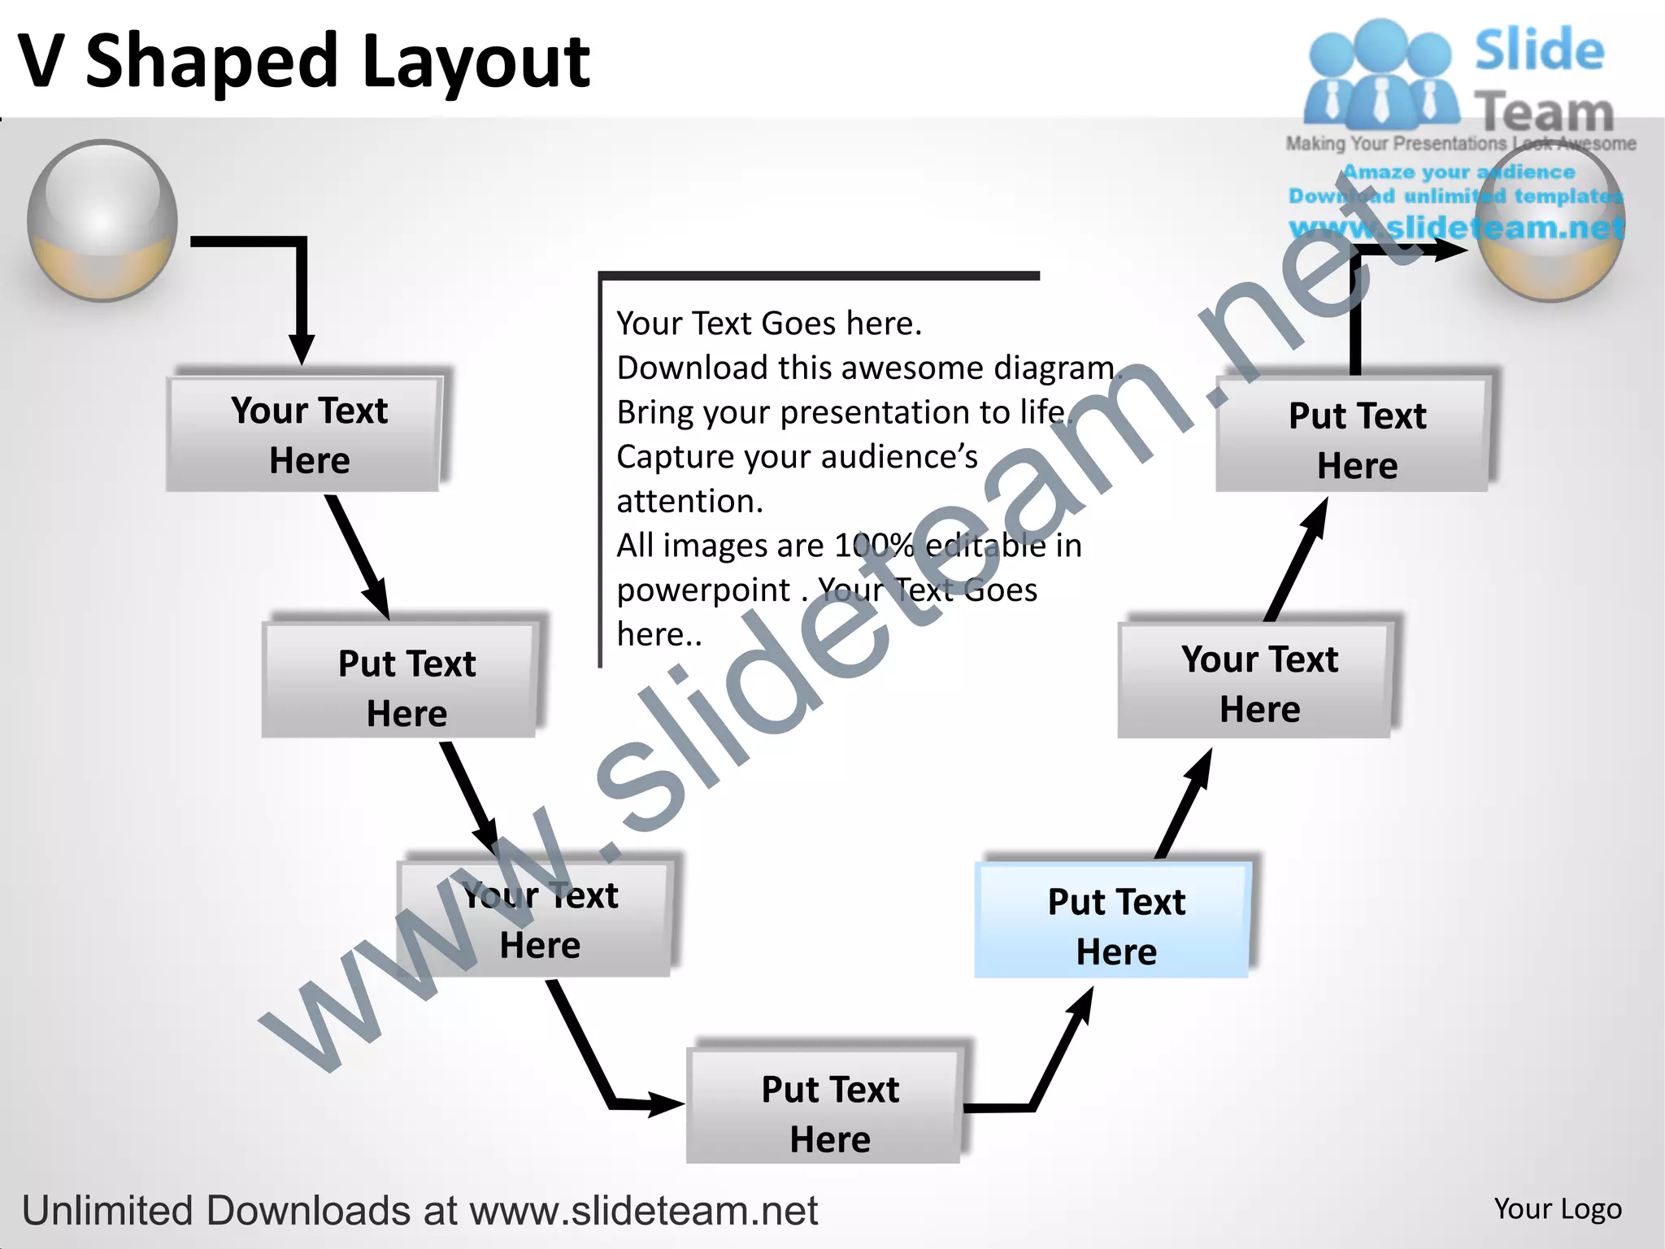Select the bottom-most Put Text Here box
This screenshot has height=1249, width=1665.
coord(824,1107)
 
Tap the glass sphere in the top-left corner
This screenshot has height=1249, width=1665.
coord(102,220)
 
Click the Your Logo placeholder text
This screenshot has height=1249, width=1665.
coord(1557,1209)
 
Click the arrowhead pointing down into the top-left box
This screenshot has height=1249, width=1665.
coord(302,350)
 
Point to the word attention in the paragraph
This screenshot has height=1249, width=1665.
coord(688,502)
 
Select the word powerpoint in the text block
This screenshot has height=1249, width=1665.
coord(703,590)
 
